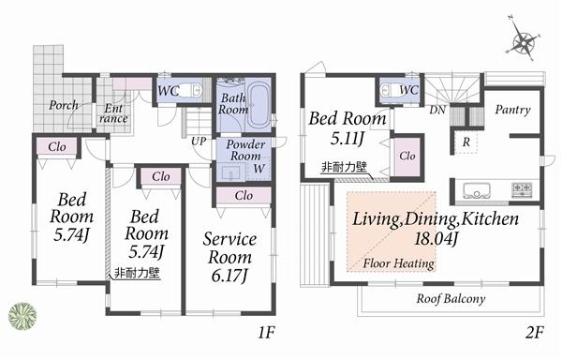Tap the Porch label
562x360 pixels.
point(64,105)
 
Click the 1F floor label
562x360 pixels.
point(265,333)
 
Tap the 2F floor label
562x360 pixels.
point(534,333)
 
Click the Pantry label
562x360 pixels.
point(513,110)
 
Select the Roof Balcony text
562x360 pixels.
point(449,299)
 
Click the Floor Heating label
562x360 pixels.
point(398,263)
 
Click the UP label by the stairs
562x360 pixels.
point(199,141)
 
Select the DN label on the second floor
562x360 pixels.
point(436,110)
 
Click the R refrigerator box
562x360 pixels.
point(466,142)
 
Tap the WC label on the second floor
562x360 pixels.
point(408,90)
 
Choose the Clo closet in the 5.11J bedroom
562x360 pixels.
point(407,157)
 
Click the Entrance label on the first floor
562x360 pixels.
point(113,112)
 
